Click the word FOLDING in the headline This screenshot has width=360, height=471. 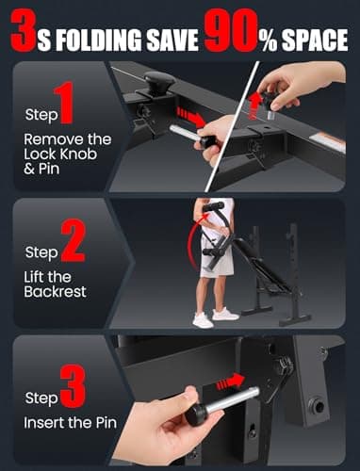98,41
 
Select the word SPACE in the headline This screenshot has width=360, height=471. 315,41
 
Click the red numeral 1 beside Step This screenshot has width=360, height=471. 65,103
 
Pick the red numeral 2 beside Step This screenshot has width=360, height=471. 73,240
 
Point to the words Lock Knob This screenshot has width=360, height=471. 60,154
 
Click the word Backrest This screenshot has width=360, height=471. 55,292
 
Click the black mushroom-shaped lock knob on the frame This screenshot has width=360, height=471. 159,82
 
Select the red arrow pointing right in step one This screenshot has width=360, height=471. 190,117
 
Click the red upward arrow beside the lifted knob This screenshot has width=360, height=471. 254,106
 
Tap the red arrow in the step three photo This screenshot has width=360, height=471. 230,382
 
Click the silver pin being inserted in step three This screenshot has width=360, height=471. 233,400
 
